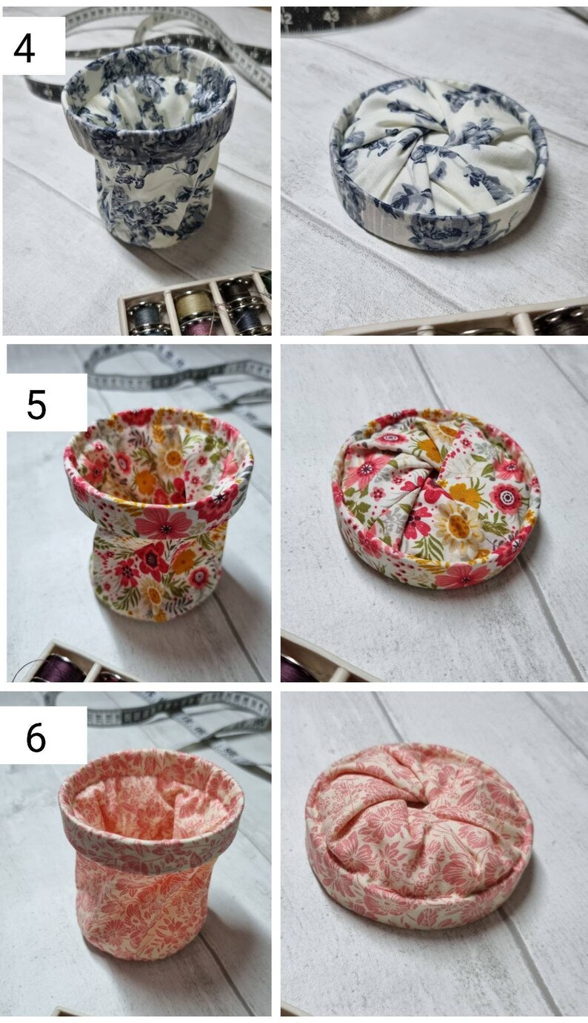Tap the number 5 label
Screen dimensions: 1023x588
tap(37, 404)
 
